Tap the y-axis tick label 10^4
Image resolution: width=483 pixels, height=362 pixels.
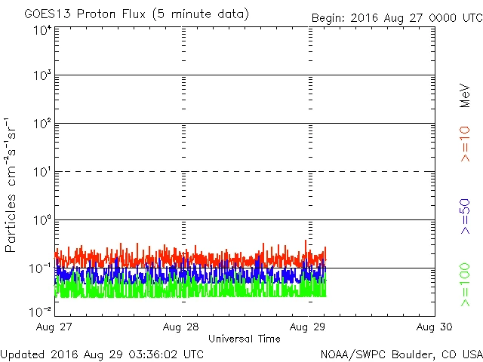(x=42, y=30)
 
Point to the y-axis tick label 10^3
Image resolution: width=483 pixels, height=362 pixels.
(x=42, y=76)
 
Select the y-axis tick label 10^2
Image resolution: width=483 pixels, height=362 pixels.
(x=42, y=124)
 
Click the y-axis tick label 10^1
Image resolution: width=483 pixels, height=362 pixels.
(x=42, y=173)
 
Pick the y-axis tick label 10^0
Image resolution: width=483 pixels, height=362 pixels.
(x=42, y=221)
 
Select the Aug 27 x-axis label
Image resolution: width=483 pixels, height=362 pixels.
(x=56, y=327)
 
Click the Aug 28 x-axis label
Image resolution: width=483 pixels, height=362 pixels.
(x=182, y=327)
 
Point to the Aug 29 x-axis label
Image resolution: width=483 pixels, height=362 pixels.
(x=309, y=327)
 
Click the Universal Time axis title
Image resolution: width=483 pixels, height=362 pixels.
(x=244, y=339)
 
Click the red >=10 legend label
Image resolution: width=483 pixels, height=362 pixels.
(x=466, y=143)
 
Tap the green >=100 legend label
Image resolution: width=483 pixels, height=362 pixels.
(x=466, y=284)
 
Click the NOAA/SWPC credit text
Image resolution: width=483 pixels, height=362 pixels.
(x=401, y=354)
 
